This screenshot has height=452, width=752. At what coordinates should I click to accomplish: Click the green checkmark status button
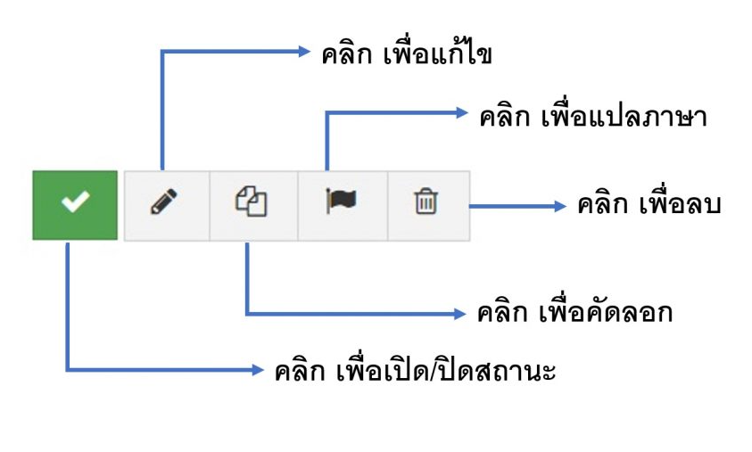[75, 204]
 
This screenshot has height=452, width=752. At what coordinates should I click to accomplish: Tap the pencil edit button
[166, 204]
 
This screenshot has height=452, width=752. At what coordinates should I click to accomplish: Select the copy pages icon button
[254, 204]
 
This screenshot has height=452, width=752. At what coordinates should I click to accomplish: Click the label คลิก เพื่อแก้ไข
[408, 53]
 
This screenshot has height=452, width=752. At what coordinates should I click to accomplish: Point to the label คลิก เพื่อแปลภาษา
[593, 117]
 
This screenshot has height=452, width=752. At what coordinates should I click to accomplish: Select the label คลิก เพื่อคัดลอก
[575, 313]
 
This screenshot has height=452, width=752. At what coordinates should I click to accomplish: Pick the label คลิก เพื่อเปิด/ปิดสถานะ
[415, 370]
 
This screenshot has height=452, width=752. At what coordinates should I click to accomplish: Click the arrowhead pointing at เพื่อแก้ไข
[302, 52]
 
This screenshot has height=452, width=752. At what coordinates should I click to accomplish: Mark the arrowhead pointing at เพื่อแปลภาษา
[461, 113]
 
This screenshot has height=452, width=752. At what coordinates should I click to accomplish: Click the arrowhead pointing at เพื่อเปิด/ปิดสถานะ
[259, 368]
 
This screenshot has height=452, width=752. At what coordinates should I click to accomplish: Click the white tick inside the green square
[75, 204]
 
